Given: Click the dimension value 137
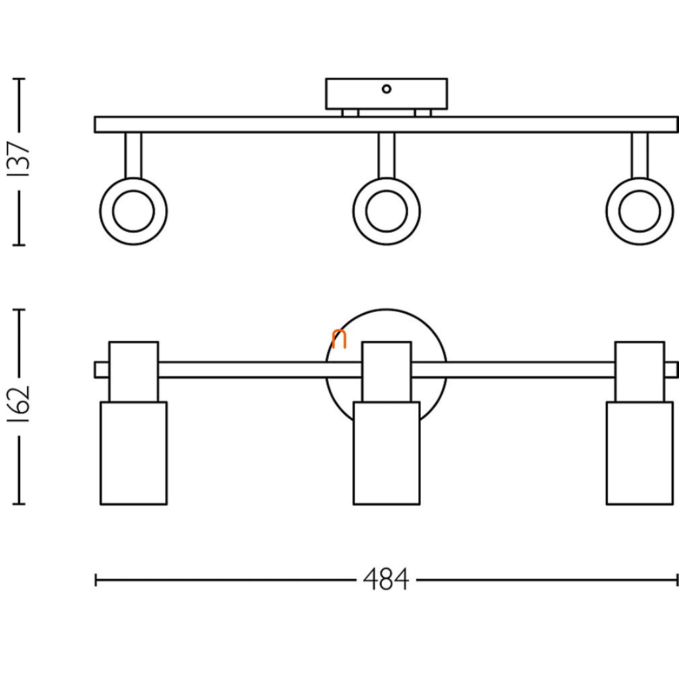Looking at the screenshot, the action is [x=19, y=158].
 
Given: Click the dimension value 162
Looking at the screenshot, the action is [x=19, y=404].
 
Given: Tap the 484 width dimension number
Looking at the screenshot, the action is [x=386, y=580].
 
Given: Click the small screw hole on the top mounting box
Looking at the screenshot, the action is [x=387, y=89].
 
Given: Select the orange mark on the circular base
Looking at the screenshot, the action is [x=339, y=339].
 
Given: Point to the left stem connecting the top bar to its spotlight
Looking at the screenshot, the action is [x=133, y=155].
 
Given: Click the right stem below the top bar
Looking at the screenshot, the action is [x=639, y=155].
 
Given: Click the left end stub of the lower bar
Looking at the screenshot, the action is [x=102, y=370].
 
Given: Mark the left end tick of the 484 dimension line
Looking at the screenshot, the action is [x=95, y=580].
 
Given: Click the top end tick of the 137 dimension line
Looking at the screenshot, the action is [x=19, y=79].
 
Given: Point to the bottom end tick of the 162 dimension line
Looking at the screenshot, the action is [x=19, y=504].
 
